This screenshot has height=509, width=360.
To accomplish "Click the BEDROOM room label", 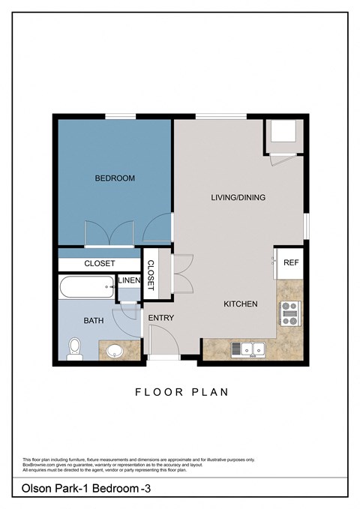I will point(115,178).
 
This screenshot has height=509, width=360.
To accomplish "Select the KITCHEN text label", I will point(241,304).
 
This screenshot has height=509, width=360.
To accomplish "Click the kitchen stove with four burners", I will point(289,314).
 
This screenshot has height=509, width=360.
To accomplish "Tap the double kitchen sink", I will point(249,349).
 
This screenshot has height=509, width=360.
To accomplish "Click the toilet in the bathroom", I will point(74,348).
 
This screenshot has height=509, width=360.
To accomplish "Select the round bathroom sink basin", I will point(115,351).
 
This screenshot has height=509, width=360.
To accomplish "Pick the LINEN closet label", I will point(129,281).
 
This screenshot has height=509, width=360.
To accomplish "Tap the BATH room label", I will point(94,321).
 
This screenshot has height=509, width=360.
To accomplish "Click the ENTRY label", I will point(161,318).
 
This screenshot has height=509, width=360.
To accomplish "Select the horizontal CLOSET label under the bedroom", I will point(100,264).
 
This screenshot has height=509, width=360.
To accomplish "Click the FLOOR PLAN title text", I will point(181,391).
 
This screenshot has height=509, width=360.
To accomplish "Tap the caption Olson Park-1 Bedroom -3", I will point(87,489).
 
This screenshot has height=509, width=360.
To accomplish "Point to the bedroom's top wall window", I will point(120,115).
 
